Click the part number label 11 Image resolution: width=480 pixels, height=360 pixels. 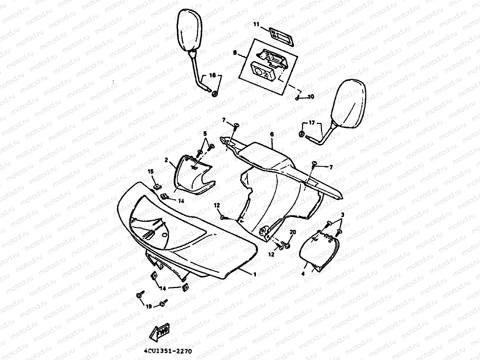(256, 24)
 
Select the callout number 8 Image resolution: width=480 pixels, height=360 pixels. (234, 53)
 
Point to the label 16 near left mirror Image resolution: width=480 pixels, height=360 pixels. (212, 75)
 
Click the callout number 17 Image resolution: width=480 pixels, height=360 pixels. (312, 123)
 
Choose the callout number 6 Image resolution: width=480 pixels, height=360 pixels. (272, 134)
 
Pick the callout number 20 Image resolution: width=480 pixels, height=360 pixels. (292, 232)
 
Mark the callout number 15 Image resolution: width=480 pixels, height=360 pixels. (151, 171)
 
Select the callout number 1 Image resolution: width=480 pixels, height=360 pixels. (255, 273)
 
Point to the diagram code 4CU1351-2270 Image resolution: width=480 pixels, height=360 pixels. (168, 351)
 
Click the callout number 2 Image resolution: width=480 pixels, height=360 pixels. (166, 160)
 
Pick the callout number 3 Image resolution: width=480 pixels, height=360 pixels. (343, 214)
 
